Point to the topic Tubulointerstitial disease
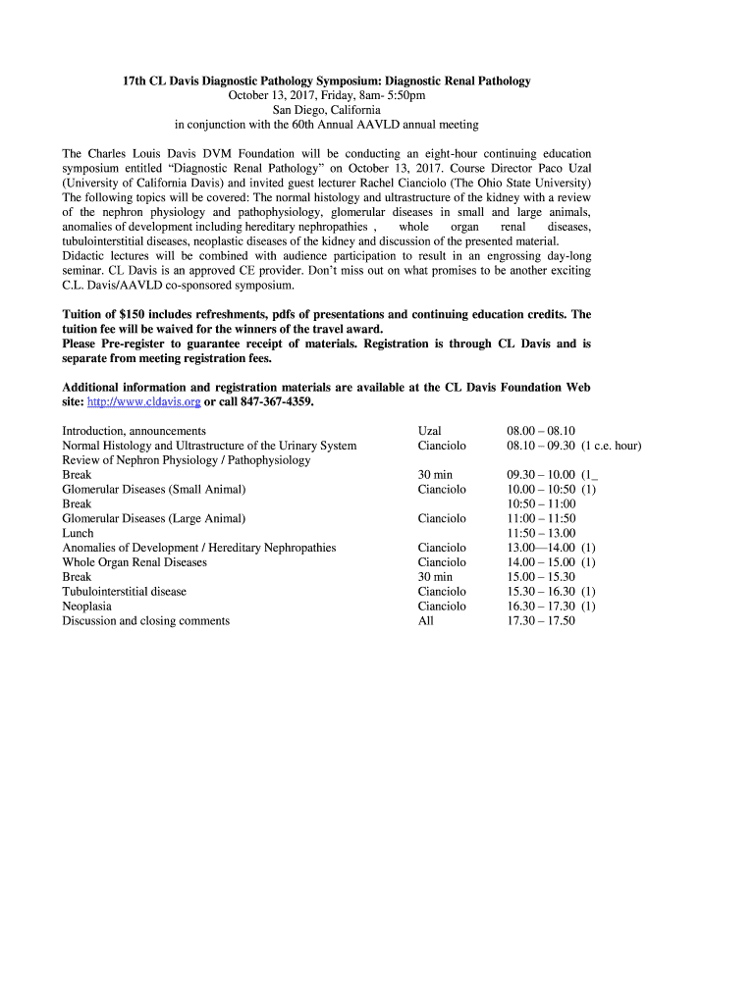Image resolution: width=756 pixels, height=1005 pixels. [124, 592]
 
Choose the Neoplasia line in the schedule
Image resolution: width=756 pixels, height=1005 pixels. [86, 607]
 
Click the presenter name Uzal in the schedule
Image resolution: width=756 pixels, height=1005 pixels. [429, 431]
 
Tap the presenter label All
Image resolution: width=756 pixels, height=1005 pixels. [425, 621]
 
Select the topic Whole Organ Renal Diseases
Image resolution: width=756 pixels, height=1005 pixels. [135, 562]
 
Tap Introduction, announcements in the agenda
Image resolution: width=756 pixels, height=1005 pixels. [134, 431]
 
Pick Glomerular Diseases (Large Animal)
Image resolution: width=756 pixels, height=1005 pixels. [154, 518]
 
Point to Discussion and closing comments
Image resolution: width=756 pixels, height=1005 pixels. [145, 621]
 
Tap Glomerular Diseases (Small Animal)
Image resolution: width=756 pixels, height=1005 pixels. [154, 489]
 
